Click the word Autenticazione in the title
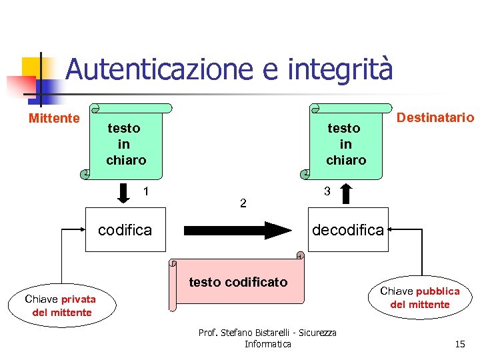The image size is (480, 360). pyautogui.click(x=159, y=70)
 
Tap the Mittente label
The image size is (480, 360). pyautogui.click(x=53, y=119)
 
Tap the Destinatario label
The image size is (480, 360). pyautogui.click(x=435, y=118)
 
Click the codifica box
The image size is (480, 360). pyautogui.click(x=125, y=230)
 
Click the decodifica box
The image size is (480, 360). pyautogui.click(x=348, y=230)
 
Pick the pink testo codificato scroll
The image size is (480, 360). pyautogui.click(x=237, y=282)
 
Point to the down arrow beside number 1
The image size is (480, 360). pyautogui.click(x=125, y=193)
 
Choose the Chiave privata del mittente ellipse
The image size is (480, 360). pyautogui.click(x=62, y=305)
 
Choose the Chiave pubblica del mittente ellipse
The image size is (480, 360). pyautogui.click(x=419, y=298)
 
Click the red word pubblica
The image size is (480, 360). pyautogui.click(x=437, y=291)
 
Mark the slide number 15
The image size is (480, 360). pyautogui.click(x=459, y=344)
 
